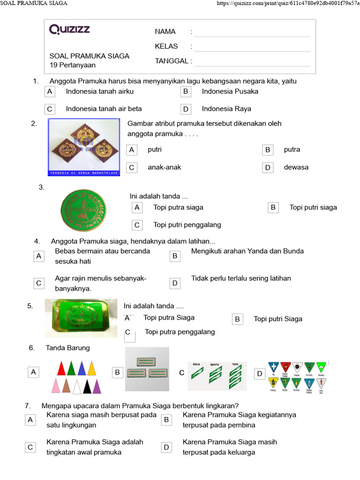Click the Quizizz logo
(x=69, y=30)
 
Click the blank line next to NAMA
(x=252, y=32)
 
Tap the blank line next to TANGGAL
(x=252, y=61)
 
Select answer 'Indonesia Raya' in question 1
(x=226, y=109)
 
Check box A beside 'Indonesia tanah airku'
(x=50, y=91)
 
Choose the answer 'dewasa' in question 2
(x=296, y=167)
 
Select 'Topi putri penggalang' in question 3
(x=187, y=225)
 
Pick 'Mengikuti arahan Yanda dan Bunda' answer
(x=247, y=251)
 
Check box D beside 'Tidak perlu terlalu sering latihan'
(x=175, y=283)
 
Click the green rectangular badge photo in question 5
(x=81, y=318)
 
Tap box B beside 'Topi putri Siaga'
(x=238, y=319)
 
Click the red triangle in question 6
(x=61, y=369)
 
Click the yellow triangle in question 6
(x=92, y=369)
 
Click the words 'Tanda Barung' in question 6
(x=67, y=348)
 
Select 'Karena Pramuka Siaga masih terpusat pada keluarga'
(x=230, y=447)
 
